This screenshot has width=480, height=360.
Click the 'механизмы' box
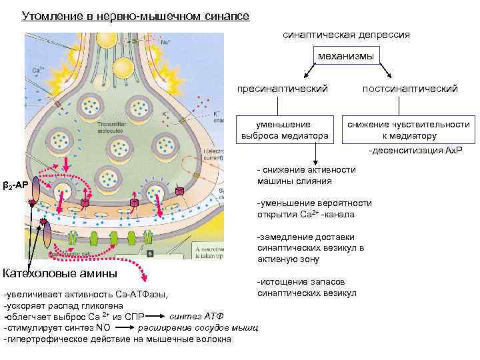coord(346,56)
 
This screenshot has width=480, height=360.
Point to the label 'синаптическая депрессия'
coord(346,33)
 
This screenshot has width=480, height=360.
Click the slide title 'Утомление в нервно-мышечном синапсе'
coord(136,15)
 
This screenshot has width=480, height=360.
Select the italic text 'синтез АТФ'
coord(197,315)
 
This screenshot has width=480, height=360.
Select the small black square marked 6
coord(151,253)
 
